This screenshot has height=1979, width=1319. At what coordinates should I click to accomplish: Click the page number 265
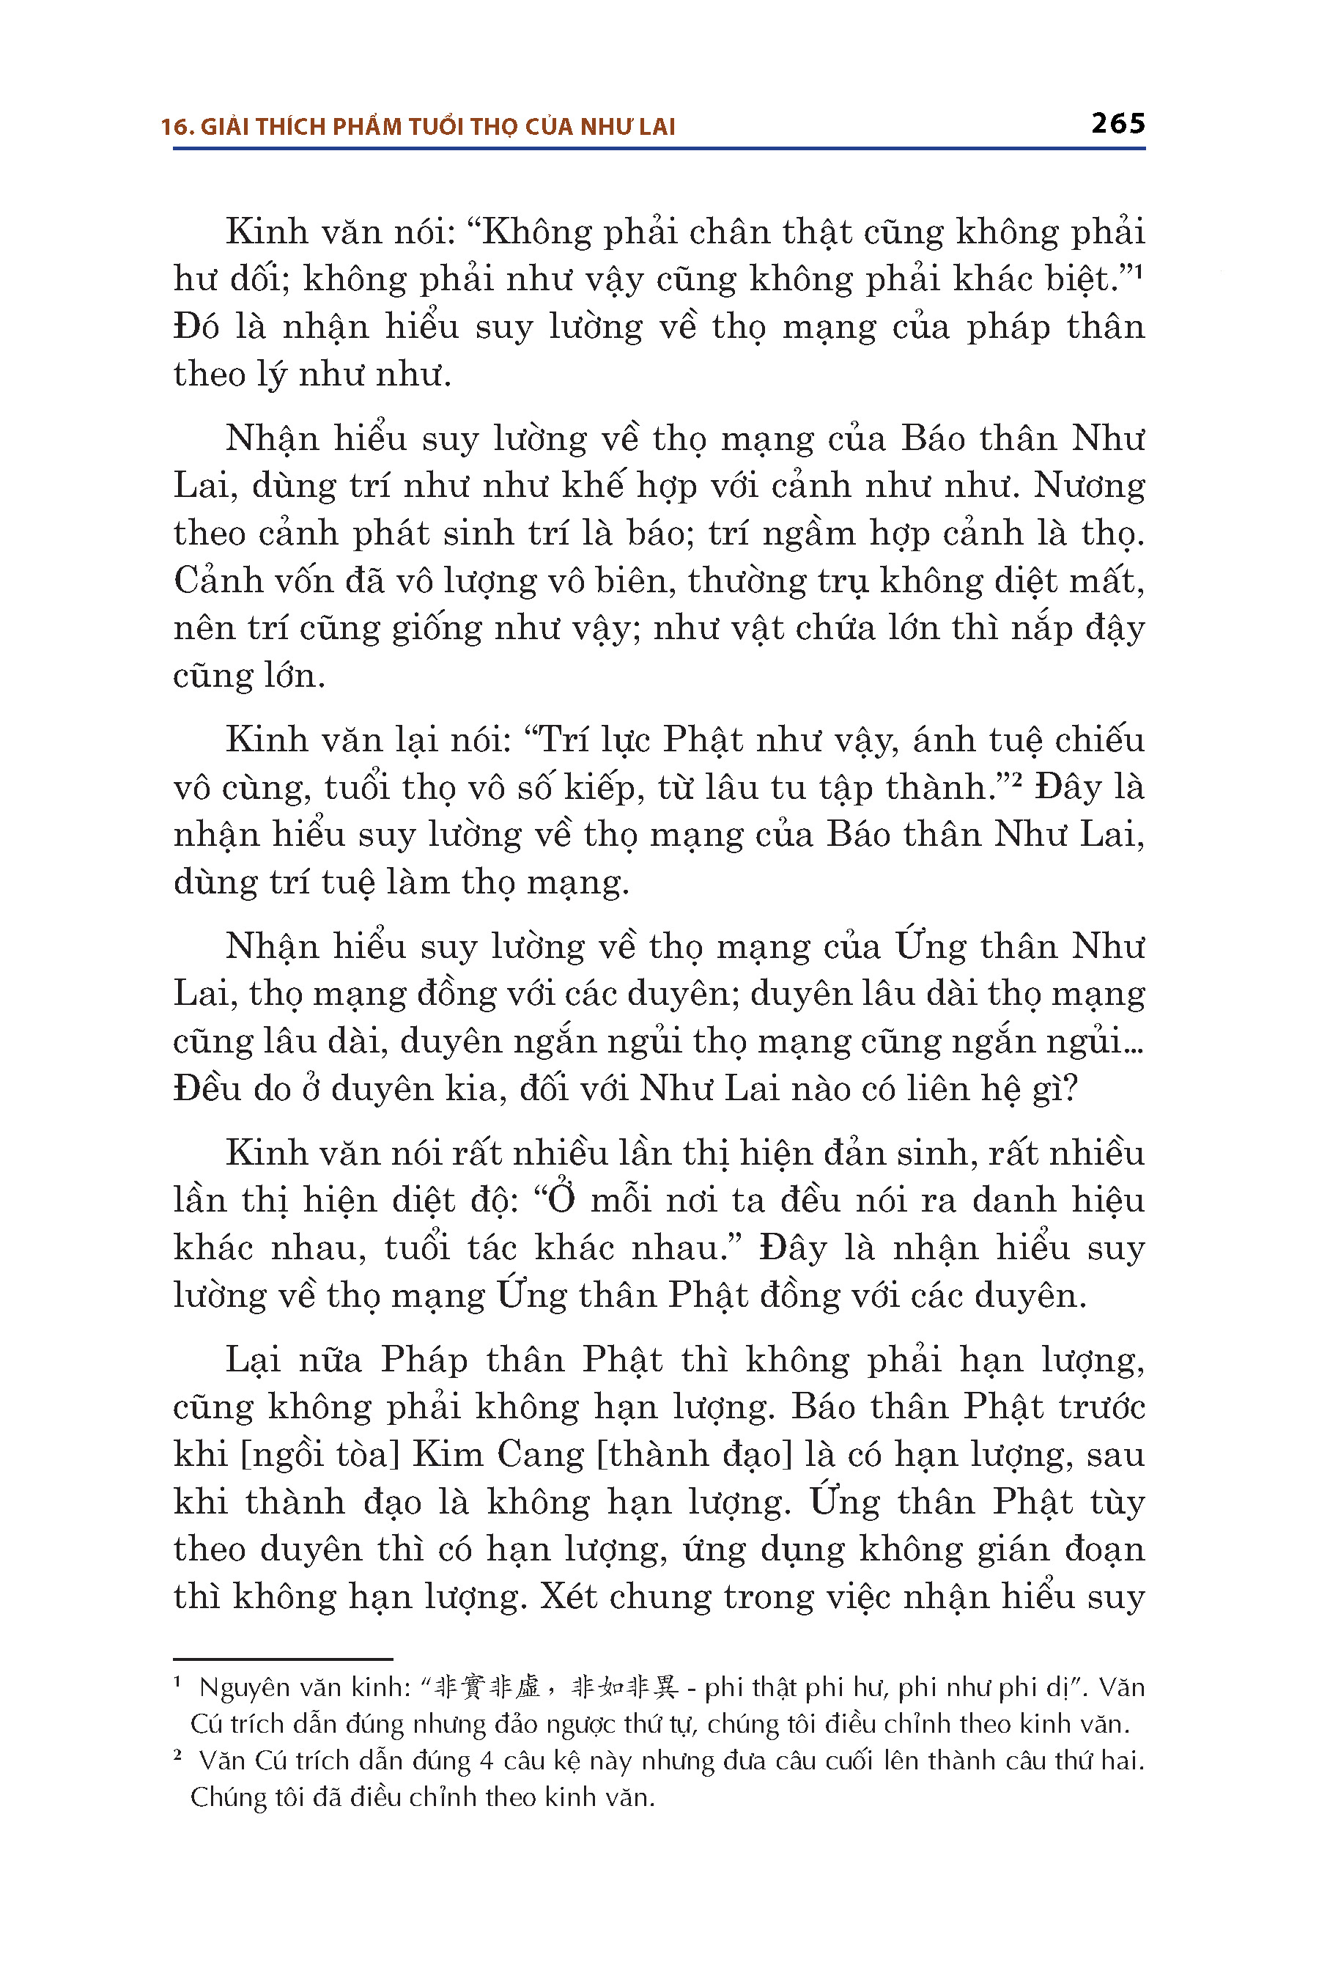coord(1118,124)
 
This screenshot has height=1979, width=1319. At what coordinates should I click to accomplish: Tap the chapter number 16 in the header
coord(174,127)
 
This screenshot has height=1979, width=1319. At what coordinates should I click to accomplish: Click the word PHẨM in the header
coord(367,127)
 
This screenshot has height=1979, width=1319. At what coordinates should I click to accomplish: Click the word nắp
coord(1017,629)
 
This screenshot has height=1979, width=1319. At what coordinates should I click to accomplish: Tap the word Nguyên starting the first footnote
coord(244,1687)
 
